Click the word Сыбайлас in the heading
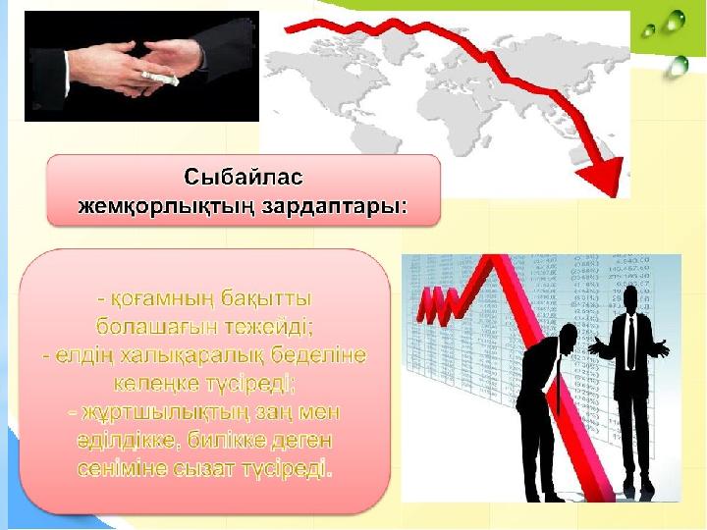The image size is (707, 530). [244, 177]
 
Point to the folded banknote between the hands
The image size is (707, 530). [161, 79]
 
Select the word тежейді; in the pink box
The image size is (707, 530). [269, 327]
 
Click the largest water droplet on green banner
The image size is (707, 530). [675, 20]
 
